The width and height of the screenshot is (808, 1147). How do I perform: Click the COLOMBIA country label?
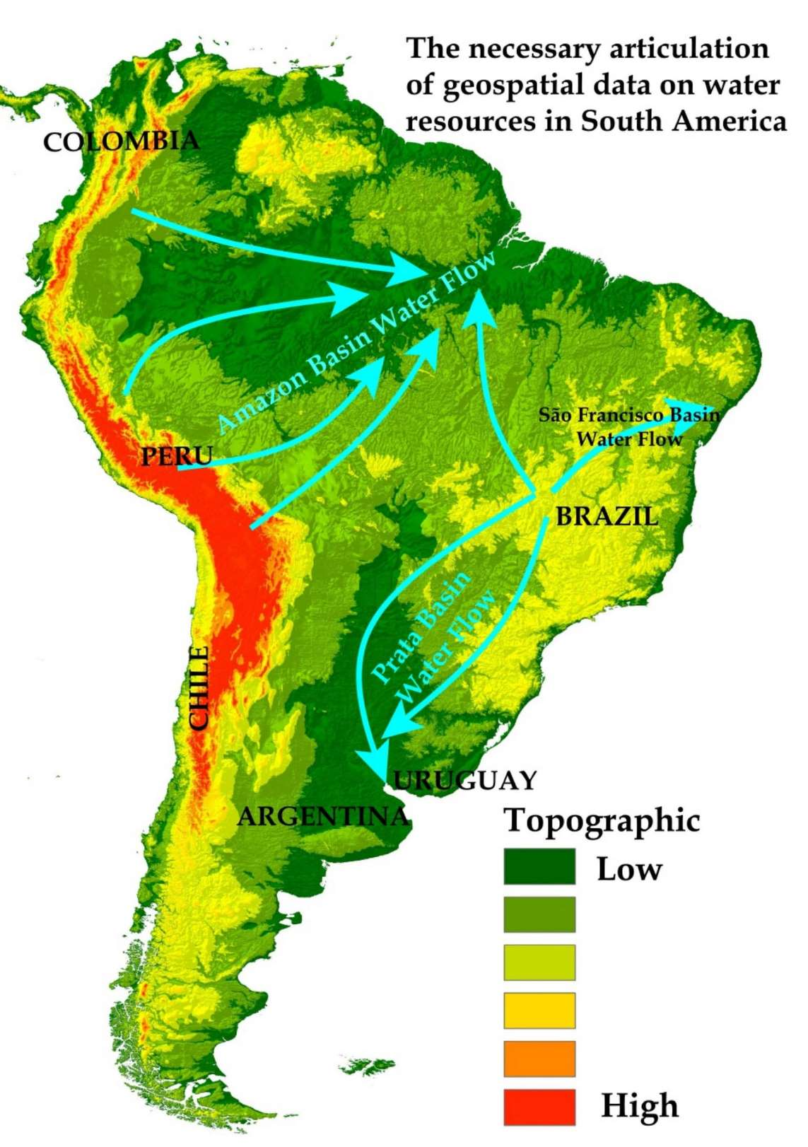(x=121, y=141)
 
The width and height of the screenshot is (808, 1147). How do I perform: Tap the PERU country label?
(x=177, y=456)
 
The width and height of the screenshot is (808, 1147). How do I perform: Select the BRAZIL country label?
(x=607, y=516)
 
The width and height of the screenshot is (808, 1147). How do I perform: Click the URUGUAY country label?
(x=465, y=781)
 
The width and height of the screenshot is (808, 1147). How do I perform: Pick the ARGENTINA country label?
(x=323, y=817)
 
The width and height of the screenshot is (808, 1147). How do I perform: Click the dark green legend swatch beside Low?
(x=539, y=867)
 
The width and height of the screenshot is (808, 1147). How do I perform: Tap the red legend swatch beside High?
(x=539, y=1107)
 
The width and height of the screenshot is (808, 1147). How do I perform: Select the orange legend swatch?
(x=539, y=1059)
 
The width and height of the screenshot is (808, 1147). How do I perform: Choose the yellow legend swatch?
(x=539, y=1011)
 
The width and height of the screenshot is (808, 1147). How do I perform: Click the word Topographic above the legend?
(x=602, y=821)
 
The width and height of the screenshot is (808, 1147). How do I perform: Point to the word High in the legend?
(x=639, y=1106)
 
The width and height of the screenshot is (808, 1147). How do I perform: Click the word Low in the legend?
(x=628, y=869)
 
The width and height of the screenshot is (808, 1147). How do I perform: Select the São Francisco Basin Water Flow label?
(x=628, y=427)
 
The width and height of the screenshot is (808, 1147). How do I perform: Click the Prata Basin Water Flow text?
(x=433, y=638)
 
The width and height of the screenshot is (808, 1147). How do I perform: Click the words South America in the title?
(x=684, y=121)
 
